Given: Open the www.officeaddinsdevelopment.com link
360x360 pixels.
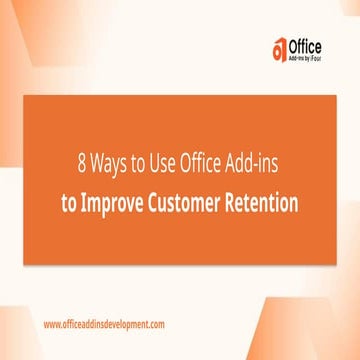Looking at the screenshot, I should (x=103, y=325).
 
